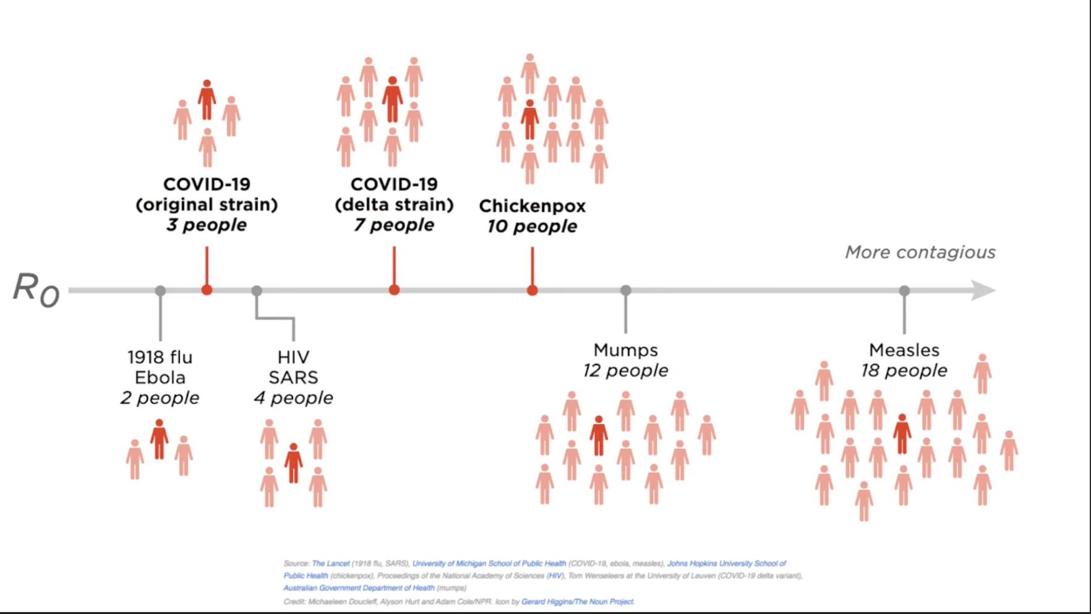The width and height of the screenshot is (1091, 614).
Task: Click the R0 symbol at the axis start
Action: pyautogui.click(x=36, y=290)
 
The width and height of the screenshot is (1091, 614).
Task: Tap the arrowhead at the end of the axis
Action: pyautogui.click(x=983, y=290)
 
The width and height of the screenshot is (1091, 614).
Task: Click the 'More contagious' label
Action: pyautogui.click(x=920, y=253)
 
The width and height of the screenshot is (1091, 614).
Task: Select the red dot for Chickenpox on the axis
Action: pyautogui.click(x=532, y=290)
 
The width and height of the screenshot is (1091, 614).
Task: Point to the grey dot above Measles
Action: pyautogui.click(x=904, y=290)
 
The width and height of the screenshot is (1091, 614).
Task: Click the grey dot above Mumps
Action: pyautogui.click(x=625, y=290)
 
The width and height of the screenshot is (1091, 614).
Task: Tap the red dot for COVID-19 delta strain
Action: pyautogui.click(x=394, y=290)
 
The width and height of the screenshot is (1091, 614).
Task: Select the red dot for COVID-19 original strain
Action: pyautogui.click(x=207, y=290)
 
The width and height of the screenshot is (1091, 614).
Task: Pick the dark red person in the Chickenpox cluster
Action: pyautogui.click(x=529, y=119)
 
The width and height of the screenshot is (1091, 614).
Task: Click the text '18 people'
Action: pyautogui.click(x=904, y=371)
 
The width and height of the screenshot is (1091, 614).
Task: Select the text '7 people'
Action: pyautogui.click(x=394, y=225)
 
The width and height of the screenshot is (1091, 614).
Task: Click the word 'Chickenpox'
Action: pyautogui.click(x=532, y=206)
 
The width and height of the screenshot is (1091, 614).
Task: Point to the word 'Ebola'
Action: pyautogui.click(x=160, y=378)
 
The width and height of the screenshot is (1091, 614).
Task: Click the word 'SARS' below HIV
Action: pyautogui.click(x=293, y=378)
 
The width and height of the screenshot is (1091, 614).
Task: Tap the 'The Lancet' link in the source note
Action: pyautogui.click(x=330, y=563)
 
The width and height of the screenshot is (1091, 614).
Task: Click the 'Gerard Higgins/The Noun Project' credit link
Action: pyautogui.click(x=578, y=601)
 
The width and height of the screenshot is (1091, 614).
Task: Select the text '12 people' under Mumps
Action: pyautogui.click(x=625, y=371)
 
